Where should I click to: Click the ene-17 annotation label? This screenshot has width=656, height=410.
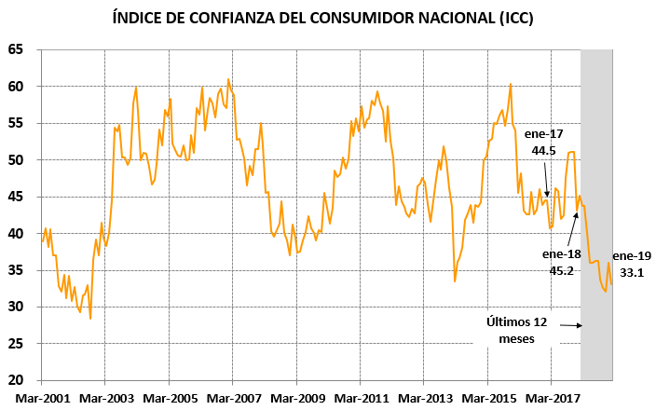(x=545, y=133)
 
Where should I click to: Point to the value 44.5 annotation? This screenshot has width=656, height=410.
(x=545, y=149)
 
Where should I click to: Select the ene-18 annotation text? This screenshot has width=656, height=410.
(x=561, y=253)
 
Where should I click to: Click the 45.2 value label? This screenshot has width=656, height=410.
(x=561, y=270)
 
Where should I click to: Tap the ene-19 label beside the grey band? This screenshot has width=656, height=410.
(x=633, y=256)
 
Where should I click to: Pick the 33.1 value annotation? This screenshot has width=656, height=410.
(x=633, y=273)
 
